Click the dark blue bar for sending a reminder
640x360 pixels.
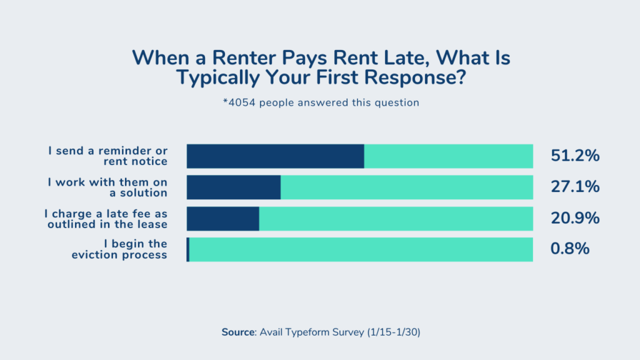coord(275,156)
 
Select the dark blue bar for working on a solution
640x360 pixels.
coord(234,187)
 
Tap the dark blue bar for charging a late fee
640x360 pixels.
coord(222,218)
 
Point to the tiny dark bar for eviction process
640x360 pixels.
coord(187,249)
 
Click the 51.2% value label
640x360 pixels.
coord(575,156)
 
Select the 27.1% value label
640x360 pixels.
coord(575,187)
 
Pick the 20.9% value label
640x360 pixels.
coord(575,218)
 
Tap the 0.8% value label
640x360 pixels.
coord(570,249)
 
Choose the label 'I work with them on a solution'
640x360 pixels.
coord(107,187)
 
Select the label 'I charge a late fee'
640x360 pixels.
coord(106,219)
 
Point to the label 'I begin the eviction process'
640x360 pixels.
coord(119,249)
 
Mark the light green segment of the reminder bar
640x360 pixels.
coord(448,156)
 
